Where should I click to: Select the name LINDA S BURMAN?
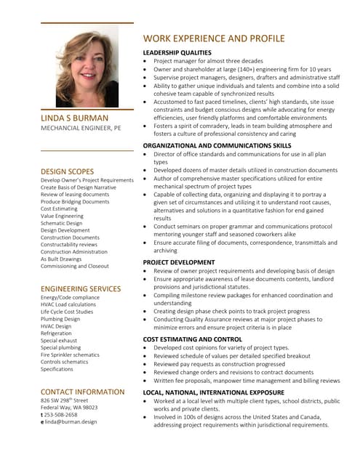(x=75, y=118)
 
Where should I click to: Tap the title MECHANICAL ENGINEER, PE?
(x=81, y=128)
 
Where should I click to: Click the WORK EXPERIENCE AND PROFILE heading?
(x=214, y=39)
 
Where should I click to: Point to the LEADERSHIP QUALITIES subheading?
(x=177, y=53)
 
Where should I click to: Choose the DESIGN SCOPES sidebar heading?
(x=68, y=171)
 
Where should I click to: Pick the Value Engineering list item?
(x=62, y=216)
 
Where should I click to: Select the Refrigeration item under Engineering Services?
(x=56, y=333)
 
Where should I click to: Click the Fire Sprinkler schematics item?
(x=70, y=355)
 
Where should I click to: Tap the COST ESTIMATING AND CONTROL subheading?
(x=192, y=339)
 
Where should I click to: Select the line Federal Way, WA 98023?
(x=69, y=408)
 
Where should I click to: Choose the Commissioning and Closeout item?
(x=75, y=266)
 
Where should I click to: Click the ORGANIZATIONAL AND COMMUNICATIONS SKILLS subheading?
(x=217, y=145)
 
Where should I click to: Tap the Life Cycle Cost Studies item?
(x=67, y=311)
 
